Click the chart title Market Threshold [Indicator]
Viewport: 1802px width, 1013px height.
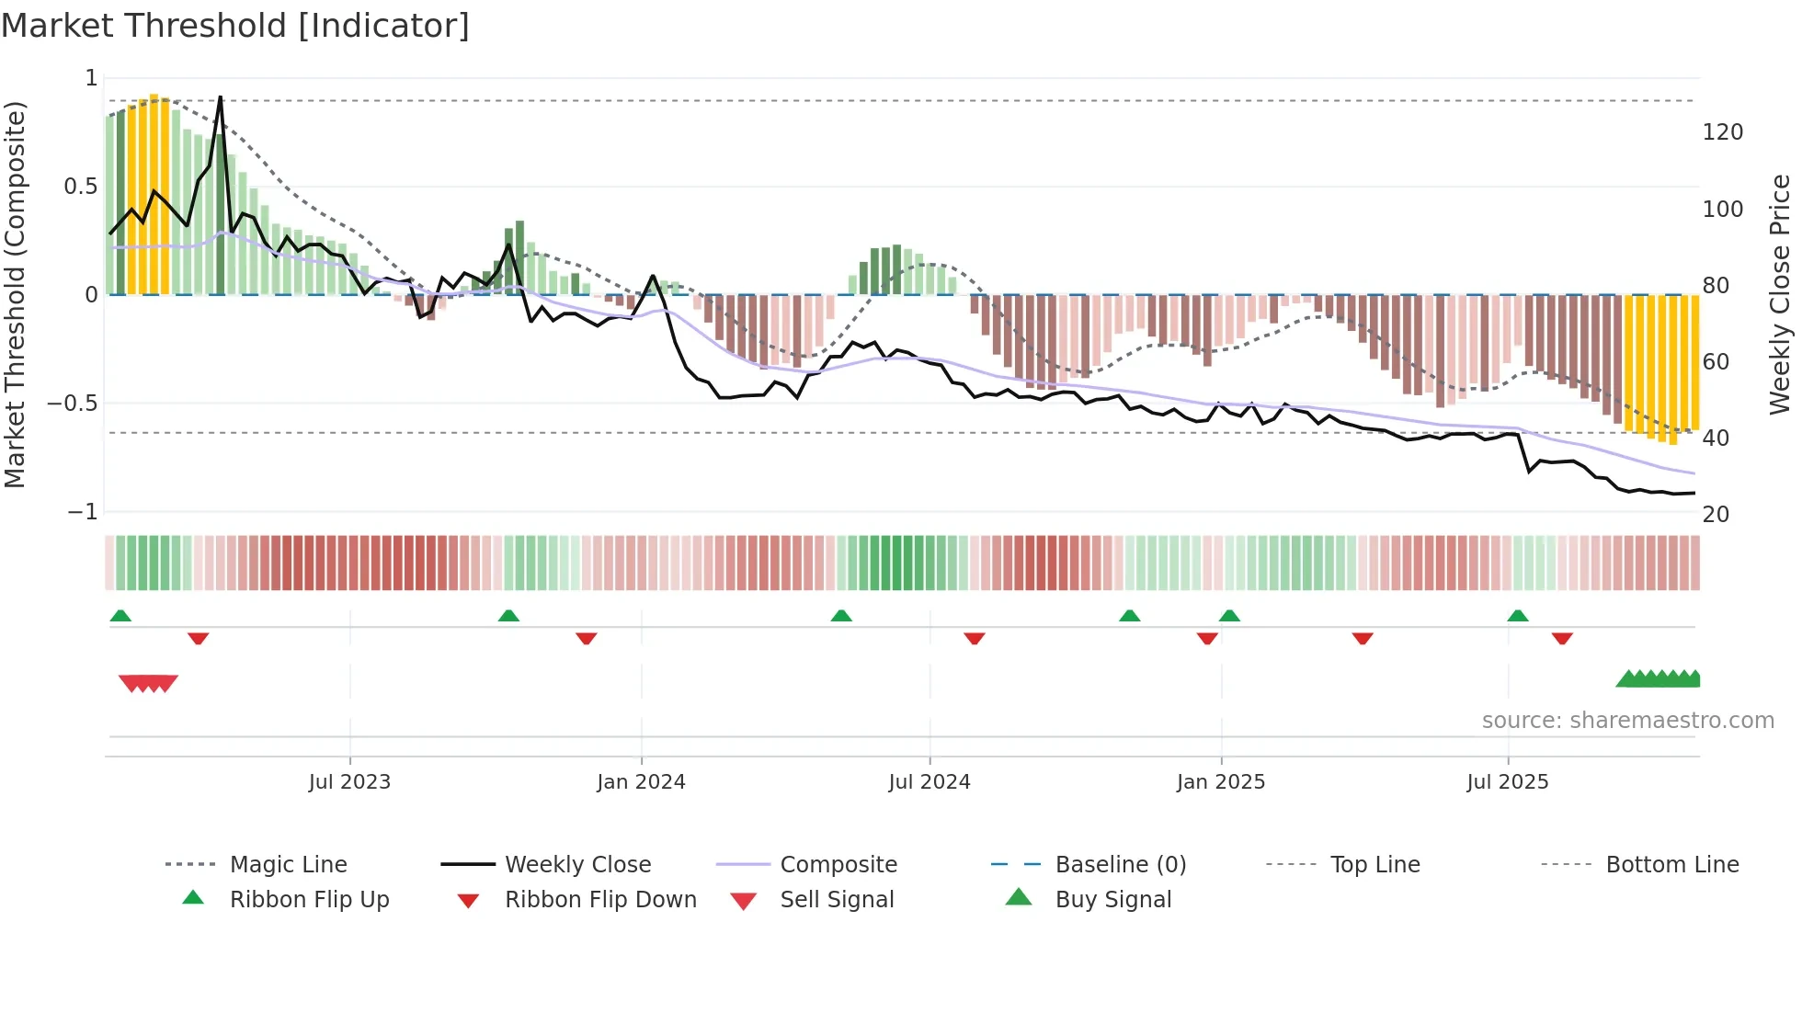click(x=235, y=26)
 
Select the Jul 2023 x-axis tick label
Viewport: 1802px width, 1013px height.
click(x=349, y=782)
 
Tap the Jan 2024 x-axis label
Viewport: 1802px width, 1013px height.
click(x=641, y=782)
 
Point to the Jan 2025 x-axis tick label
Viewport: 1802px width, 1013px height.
click(x=1221, y=782)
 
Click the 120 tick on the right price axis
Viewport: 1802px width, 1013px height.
click(x=1722, y=132)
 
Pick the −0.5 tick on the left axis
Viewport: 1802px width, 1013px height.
click(x=72, y=404)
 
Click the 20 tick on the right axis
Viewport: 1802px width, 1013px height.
click(x=1716, y=515)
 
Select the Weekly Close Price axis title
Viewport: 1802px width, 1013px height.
click(x=1780, y=294)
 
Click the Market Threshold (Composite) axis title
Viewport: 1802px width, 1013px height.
click(x=16, y=294)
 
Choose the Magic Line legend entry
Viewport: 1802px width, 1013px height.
click(x=288, y=865)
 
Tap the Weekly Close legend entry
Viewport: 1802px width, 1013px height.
click(x=577, y=865)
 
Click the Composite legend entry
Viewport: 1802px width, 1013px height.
click(x=838, y=865)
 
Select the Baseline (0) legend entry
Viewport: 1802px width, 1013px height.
click(x=1120, y=865)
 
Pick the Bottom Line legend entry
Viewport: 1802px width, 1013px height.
click(x=1671, y=865)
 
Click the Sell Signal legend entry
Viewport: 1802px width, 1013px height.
click(x=836, y=900)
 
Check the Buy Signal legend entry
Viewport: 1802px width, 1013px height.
click(x=1112, y=900)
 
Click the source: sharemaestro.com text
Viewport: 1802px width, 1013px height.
click(x=1627, y=721)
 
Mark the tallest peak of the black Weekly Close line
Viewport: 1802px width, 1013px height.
click(x=221, y=97)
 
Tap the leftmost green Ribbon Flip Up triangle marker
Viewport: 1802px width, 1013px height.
click(x=120, y=616)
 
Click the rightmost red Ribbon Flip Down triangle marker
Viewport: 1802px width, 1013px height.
click(x=1562, y=638)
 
